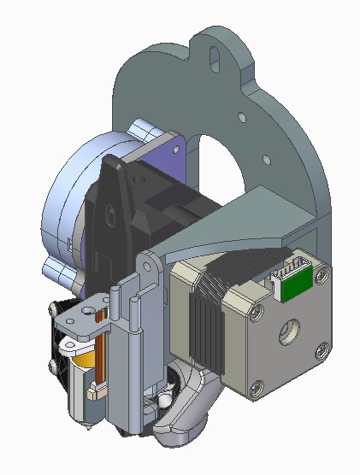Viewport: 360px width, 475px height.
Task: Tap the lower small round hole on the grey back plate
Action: click(265, 156)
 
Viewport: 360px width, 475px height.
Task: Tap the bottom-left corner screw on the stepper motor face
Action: click(254, 390)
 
